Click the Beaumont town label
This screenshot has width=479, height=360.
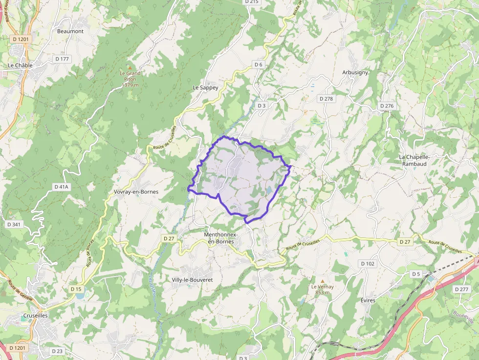point(70,31)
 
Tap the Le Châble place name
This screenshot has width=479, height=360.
point(20,65)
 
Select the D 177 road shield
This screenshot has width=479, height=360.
point(62,59)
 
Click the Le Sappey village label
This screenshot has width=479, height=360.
point(205,88)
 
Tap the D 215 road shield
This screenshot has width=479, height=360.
point(251,2)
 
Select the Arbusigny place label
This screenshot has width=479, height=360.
point(355,72)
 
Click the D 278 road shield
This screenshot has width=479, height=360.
point(326,99)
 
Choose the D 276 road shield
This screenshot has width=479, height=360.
point(386,106)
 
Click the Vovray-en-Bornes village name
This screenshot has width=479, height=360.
point(136,192)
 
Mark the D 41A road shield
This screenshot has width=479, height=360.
point(62,187)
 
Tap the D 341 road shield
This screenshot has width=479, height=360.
point(14,224)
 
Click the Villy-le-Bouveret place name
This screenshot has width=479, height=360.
point(192,280)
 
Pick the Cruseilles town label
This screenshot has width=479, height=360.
point(35,316)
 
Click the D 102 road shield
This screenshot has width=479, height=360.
point(368,264)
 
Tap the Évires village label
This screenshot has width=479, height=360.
point(368,300)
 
